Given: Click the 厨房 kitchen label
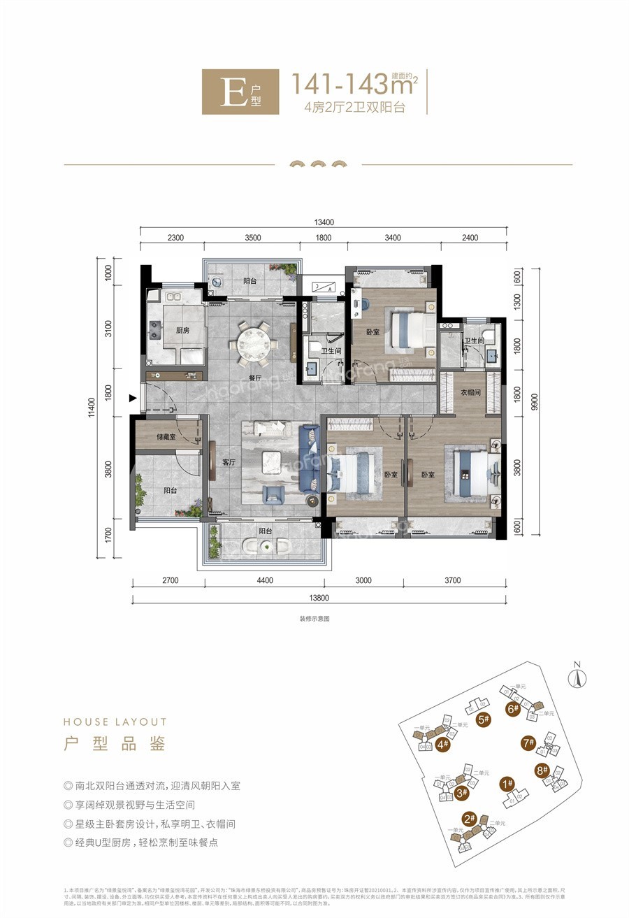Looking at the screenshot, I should [x=183, y=331].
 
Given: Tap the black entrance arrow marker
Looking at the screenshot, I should [x=133, y=399].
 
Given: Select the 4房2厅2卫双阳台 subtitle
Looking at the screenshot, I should [x=354, y=108].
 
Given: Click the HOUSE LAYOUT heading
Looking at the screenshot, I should [x=115, y=722].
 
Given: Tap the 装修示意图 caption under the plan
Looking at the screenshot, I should [x=314, y=619].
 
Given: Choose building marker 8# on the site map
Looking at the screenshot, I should [x=541, y=771].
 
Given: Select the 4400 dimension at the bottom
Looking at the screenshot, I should [x=260, y=580].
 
